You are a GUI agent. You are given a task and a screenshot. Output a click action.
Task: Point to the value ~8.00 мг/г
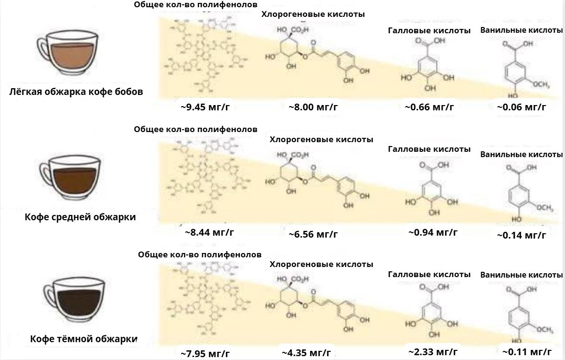coord(313,107)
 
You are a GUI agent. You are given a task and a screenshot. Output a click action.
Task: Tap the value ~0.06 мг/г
coord(521,107)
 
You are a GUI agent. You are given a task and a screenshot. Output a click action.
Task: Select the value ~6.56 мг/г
coord(313,234)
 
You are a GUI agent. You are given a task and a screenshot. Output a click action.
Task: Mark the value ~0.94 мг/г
coord(433,232)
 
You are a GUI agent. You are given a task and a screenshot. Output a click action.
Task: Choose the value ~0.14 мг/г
coord(521,235)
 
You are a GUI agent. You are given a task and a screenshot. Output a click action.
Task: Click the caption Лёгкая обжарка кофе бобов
coord(76,92)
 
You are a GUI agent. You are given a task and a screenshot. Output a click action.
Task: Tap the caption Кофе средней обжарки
coord(80,217)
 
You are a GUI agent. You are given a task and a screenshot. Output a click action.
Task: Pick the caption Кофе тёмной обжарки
coord(83,339)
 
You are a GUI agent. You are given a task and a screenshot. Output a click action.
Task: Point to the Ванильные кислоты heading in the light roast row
coord(521,30)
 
